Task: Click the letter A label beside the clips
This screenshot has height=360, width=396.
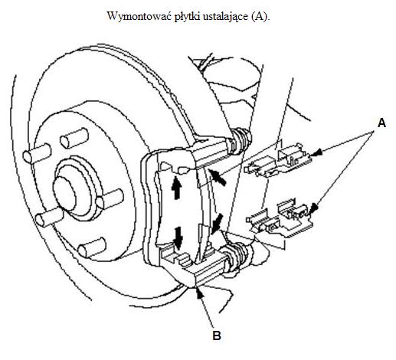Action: pyautogui.click(x=381, y=123)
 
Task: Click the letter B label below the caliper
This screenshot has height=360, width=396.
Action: pyautogui.click(x=217, y=335)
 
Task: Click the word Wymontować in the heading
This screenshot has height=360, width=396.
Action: pyautogui.click(x=139, y=16)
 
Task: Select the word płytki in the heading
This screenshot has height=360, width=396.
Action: pyautogui.click(x=188, y=17)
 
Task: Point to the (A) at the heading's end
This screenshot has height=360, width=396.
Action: pyautogui.click(x=260, y=17)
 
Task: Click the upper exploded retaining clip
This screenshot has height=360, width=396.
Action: pyautogui.click(x=278, y=161)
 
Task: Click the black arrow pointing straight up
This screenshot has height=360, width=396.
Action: pyautogui.click(x=176, y=188)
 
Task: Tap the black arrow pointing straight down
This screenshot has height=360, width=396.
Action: pyautogui.click(x=178, y=238)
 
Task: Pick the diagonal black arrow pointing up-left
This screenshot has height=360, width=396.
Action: pyautogui.click(x=217, y=177)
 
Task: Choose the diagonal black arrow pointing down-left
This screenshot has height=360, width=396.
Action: pyautogui.click(x=217, y=224)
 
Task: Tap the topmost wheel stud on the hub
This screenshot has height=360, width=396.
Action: pyautogui.click(x=74, y=138)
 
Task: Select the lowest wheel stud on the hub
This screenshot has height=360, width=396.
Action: pyautogui.click(x=92, y=248)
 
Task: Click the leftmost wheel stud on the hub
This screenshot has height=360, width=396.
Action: pyautogui.click(x=37, y=153)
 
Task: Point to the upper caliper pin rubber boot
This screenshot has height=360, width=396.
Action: pyautogui.click(x=241, y=141)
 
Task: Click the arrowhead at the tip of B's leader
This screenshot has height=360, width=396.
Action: pyautogui.click(x=200, y=292)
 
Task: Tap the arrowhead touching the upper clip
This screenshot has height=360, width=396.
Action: pyautogui.click(x=316, y=152)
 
